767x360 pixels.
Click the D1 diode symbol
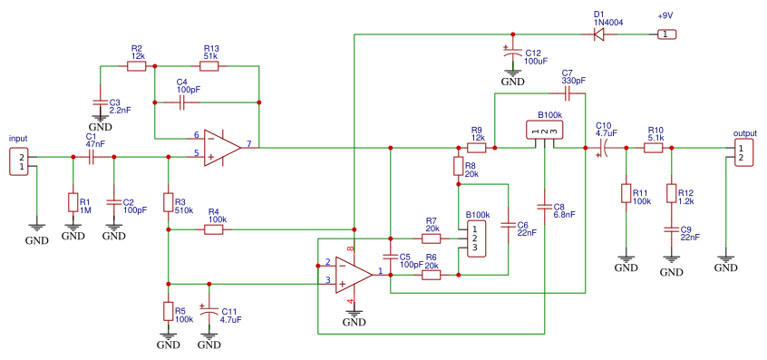598,34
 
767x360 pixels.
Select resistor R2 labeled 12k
137,66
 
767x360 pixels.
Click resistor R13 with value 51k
209,66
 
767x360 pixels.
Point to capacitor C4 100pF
182,102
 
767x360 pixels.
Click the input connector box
20,162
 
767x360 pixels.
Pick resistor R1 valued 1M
73,202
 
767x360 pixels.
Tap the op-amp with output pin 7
222,148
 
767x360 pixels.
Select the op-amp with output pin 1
354,275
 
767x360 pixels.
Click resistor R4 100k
214,229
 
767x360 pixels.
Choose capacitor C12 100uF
512,53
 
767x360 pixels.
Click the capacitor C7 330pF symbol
568,93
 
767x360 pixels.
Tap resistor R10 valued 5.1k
653,148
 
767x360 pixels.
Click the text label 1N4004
609,23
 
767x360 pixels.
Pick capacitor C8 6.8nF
545,207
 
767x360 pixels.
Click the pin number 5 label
196,153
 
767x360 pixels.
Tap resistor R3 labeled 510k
169,202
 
